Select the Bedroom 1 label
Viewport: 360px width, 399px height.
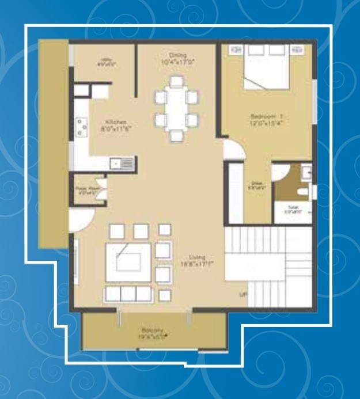267,119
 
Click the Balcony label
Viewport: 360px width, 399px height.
152,333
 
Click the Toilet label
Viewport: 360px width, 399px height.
295,209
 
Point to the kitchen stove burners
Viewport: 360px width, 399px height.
81,126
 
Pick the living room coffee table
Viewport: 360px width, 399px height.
128,261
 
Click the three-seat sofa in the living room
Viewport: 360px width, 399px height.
127,293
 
